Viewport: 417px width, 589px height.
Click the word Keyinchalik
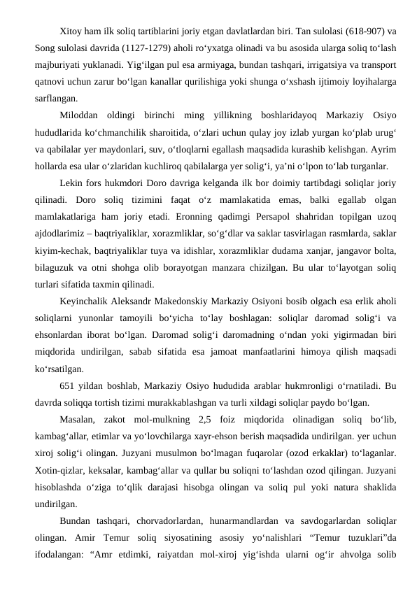point(87,297)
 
